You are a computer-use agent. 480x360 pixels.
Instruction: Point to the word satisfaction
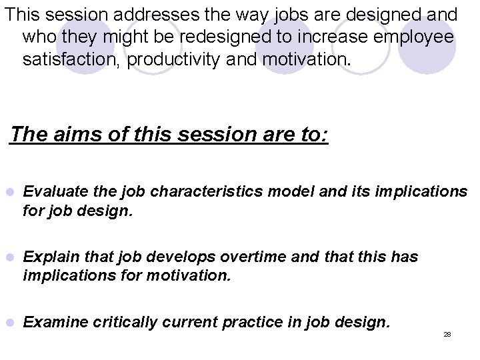click(x=71, y=60)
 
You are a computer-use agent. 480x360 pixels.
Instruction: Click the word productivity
click(x=175, y=60)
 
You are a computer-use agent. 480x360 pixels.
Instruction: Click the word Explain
click(x=48, y=257)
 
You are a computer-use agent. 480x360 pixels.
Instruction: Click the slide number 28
click(x=447, y=333)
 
